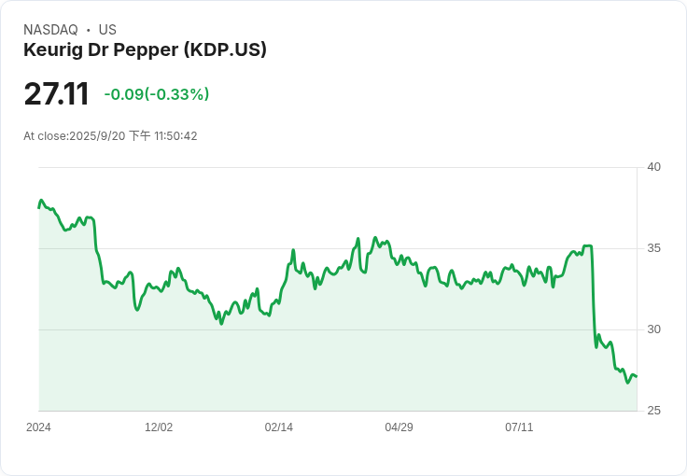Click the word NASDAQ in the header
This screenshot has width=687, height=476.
[50, 30]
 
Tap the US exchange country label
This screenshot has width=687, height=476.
[107, 30]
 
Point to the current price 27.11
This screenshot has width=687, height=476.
[56, 94]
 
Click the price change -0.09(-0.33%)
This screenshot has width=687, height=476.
[156, 94]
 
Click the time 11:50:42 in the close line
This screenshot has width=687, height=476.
[175, 136]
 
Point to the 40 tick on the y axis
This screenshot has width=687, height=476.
[654, 167]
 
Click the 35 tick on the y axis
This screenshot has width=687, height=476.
[654, 248]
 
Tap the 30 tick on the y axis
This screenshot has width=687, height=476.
[654, 329]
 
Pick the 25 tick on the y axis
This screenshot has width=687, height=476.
[654, 411]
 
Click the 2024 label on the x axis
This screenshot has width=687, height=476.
[38, 427]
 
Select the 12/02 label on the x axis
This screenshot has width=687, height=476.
[159, 427]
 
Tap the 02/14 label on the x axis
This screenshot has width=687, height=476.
[279, 427]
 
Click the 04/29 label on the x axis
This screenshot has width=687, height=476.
[399, 427]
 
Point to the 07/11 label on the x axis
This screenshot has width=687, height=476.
[519, 427]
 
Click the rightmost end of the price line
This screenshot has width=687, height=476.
[637, 376]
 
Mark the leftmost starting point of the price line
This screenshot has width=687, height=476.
[38, 207]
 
